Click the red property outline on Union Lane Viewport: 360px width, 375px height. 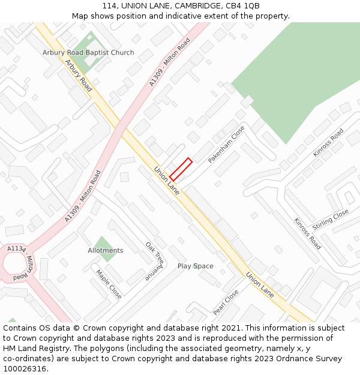tap(181, 169)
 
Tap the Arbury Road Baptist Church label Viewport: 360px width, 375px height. tap(88, 53)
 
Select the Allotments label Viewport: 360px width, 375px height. tap(106, 251)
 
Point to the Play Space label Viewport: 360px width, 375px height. tap(195, 266)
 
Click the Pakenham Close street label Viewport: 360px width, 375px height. tap(226, 145)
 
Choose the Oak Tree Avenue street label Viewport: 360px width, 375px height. tap(154, 262)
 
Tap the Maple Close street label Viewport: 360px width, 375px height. tap(109, 284)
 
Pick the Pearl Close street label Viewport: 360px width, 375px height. tap(226, 302)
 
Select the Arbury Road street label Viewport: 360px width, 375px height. tap(78, 75)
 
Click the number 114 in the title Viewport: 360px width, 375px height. tap(109, 6)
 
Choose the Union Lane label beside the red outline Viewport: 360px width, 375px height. tap(167, 180)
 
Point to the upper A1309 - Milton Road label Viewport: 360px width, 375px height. tap(170, 62)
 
